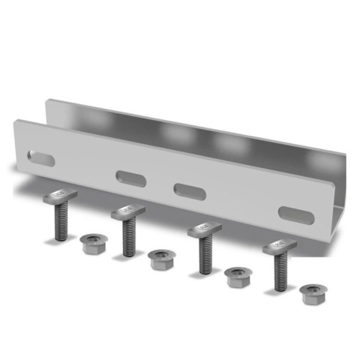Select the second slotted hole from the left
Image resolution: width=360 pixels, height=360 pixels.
[x=131, y=178]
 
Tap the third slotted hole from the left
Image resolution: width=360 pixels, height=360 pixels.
[x=189, y=190]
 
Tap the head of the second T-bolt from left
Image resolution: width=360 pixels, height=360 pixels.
[x=127, y=213]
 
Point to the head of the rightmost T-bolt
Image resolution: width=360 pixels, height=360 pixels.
[x=279, y=246]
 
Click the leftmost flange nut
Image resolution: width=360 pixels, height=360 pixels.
[x=94, y=243]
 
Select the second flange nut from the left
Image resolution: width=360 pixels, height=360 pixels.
[x=161, y=259]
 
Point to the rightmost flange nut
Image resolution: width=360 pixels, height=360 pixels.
[x=313, y=292]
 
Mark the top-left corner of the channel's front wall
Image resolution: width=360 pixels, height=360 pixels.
[x=16, y=122]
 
